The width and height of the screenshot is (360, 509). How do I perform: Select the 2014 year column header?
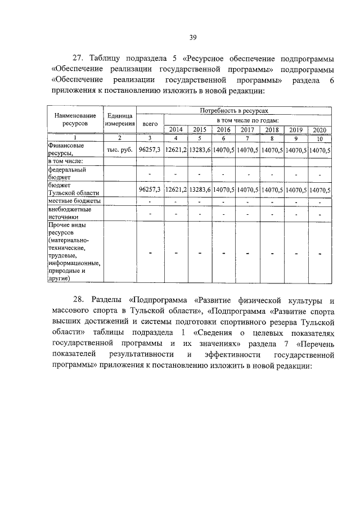pyautogui.click(x=176, y=130)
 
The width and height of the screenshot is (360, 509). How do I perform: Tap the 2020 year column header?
pyautogui.click(x=319, y=130)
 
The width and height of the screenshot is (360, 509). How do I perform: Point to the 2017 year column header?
pyautogui.click(x=247, y=130)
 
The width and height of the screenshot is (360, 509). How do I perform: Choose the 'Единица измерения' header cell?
pyautogui.click(x=119, y=119)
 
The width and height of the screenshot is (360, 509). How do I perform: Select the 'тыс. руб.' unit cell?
pyautogui.click(x=119, y=150)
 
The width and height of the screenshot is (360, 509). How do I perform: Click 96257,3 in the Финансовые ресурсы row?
pyautogui.click(x=150, y=150)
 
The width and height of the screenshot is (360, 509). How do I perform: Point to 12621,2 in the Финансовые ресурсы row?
pyautogui.click(x=176, y=150)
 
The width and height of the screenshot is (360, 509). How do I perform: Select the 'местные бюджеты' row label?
pyautogui.click(x=75, y=201)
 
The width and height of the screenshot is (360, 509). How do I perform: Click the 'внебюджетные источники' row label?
pyautogui.click(x=71, y=213)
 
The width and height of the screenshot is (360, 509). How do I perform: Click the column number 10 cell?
pyautogui.click(x=319, y=138)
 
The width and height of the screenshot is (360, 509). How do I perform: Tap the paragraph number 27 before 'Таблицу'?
pyautogui.click(x=79, y=58)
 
